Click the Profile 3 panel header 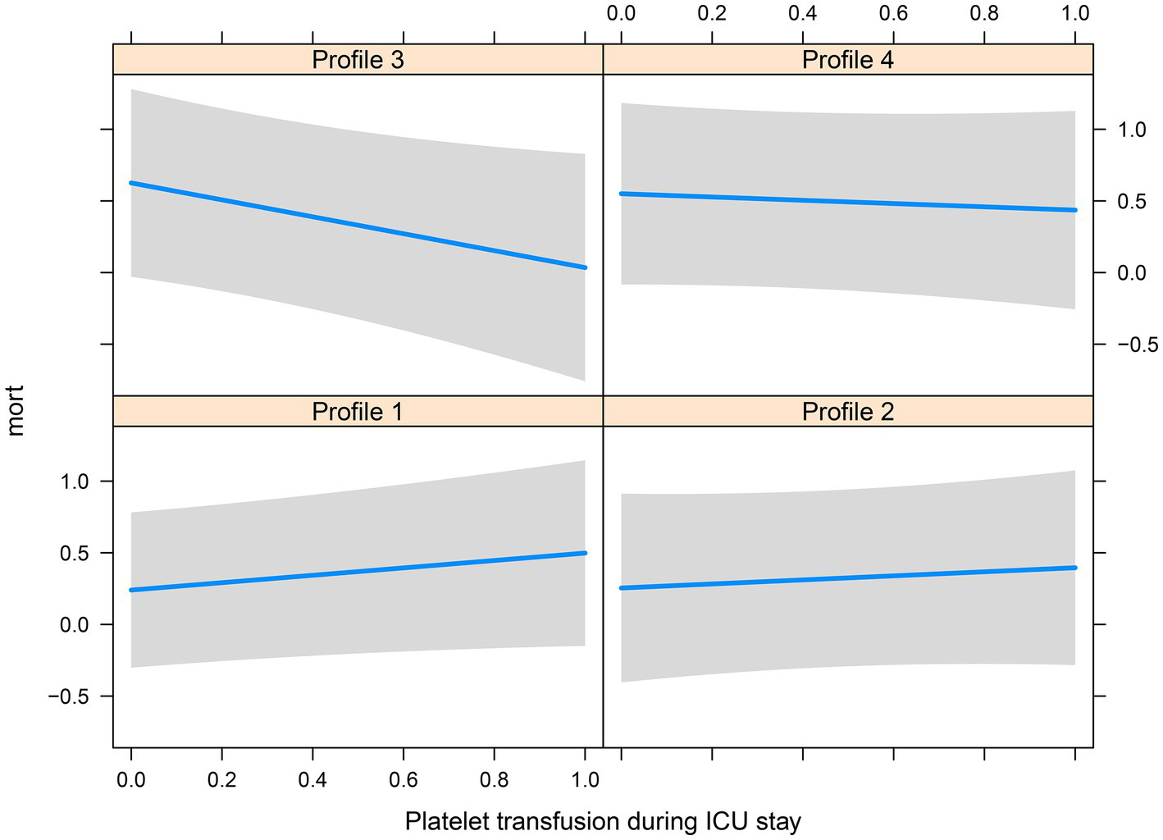pyautogui.click(x=358, y=60)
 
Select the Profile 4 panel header pyautogui.click(x=847, y=60)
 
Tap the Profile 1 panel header pyautogui.click(x=358, y=411)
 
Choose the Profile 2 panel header pyautogui.click(x=847, y=411)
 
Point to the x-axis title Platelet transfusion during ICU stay pyautogui.click(x=603, y=821)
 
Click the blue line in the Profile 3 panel pyautogui.click(x=358, y=225)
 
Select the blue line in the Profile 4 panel pyautogui.click(x=847, y=202)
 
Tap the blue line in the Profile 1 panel pyautogui.click(x=358, y=572)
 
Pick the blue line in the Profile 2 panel pyautogui.click(x=847, y=578)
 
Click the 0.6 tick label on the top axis pyautogui.click(x=893, y=13)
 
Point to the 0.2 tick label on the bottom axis pyautogui.click(x=221, y=780)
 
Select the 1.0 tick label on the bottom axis pyautogui.click(x=584, y=780)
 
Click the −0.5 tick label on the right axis pyautogui.click(x=1137, y=345)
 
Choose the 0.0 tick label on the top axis pyautogui.click(x=621, y=13)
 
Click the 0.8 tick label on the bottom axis pyautogui.click(x=494, y=780)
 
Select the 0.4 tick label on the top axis pyautogui.click(x=802, y=13)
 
